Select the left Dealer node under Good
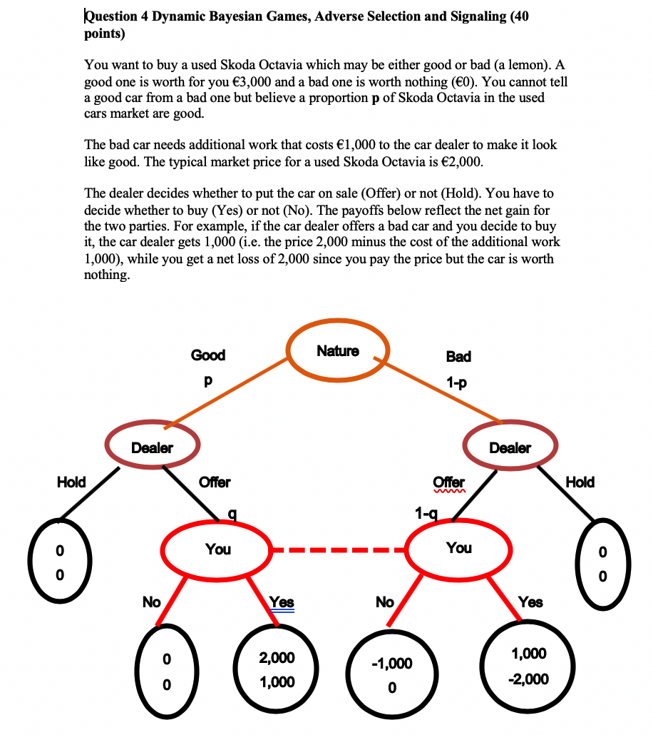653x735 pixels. [152, 447]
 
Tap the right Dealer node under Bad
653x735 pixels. [510, 447]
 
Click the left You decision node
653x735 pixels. [217, 549]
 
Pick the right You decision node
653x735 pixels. [458, 548]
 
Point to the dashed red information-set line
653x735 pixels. [339, 550]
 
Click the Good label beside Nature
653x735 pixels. [207, 355]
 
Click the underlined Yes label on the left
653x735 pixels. [282, 602]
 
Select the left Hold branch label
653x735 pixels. [71, 482]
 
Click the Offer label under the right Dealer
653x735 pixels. [449, 482]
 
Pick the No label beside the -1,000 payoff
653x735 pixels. [384, 602]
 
